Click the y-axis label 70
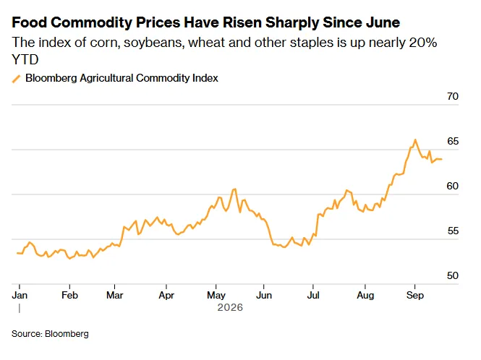click(x=453, y=96)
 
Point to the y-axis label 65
click(x=453, y=141)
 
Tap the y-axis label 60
click(x=453, y=186)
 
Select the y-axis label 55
click(x=453, y=231)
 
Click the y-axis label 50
click(x=453, y=275)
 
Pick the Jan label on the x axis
click(x=20, y=295)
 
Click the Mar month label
click(x=115, y=295)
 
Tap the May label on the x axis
click(x=216, y=295)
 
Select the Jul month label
click(x=313, y=295)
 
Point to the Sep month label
click(x=415, y=295)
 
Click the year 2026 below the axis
click(x=230, y=307)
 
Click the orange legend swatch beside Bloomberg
click(x=16, y=79)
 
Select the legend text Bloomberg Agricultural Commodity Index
click(x=122, y=78)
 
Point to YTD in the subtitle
click(x=25, y=59)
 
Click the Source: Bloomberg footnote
click(x=50, y=334)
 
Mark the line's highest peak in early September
click(x=415, y=140)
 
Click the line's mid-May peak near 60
click(x=234, y=189)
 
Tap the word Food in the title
click(x=29, y=22)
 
